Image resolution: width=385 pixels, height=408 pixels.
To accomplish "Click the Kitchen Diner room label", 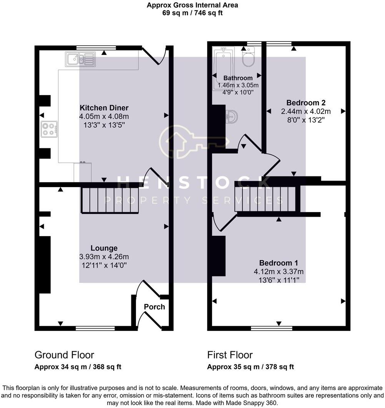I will point(104,108).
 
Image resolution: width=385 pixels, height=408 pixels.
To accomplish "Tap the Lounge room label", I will point(104,248).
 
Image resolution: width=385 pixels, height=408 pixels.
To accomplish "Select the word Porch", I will point(154,307).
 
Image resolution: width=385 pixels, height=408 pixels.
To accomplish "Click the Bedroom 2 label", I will point(306,103).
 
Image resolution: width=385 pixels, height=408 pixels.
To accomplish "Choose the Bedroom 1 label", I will point(279,263).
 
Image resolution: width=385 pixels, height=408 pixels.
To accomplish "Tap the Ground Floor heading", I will point(64,355).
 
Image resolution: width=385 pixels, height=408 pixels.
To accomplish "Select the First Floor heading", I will point(230,355).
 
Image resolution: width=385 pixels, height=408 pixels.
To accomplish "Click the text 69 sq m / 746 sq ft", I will point(192,13).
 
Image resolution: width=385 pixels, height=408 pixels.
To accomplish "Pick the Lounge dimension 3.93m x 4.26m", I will point(104,257).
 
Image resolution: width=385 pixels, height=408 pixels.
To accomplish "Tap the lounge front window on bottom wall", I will point(95,328).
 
